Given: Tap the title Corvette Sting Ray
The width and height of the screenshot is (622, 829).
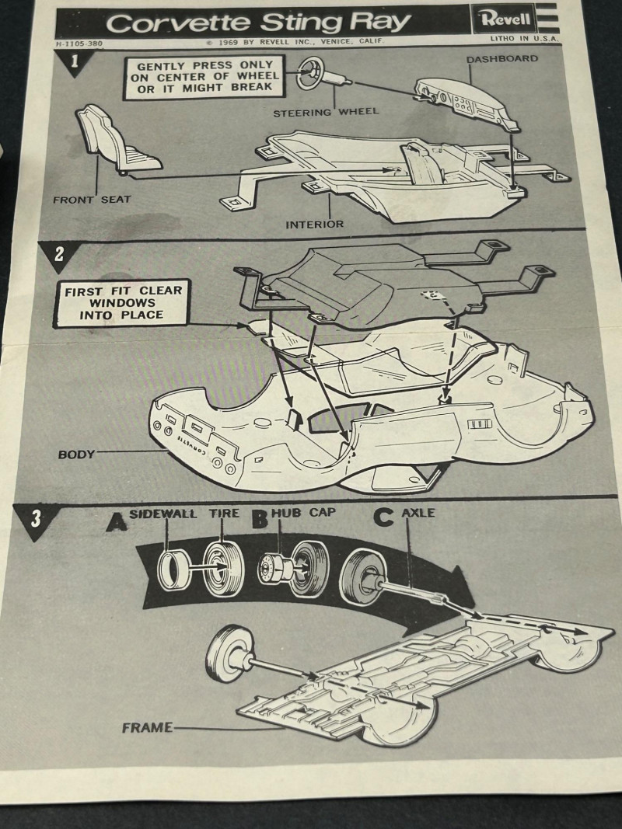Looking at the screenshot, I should (x=258, y=23).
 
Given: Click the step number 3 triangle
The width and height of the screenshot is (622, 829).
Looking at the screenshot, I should (x=35, y=518).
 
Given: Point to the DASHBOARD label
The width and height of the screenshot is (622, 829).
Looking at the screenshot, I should (x=501, y=59).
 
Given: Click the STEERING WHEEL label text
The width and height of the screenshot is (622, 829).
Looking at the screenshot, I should (x=326, y=112).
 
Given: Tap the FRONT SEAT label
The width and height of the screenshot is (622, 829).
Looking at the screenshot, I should (x=92, y=200).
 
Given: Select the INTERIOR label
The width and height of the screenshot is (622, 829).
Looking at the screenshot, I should (x=314, y=225).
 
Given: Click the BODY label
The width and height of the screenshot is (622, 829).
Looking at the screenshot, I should (x=75, y=454).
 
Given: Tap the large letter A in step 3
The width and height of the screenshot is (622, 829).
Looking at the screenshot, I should (x=117, y=521).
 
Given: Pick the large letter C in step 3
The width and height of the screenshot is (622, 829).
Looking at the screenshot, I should (x=383, y=517).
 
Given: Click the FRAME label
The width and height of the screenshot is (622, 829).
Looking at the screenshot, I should (x=146, y=728).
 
